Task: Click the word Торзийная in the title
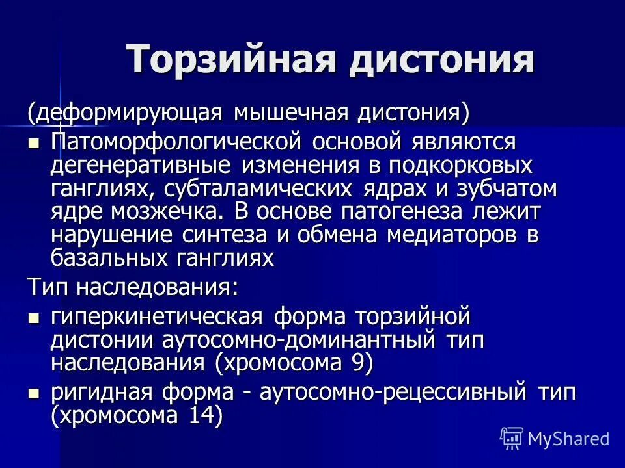pos(231,60)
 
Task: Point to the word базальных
pos(111,259)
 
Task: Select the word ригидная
pos(104,393)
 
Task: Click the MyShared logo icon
pos(512,438)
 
